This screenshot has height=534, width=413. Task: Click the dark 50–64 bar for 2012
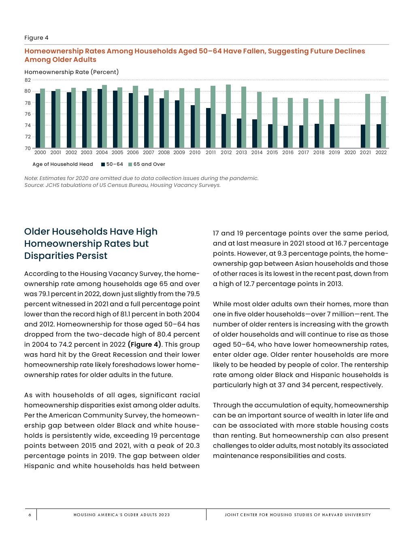coord(224,131)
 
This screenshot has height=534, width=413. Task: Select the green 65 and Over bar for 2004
coord(104,117)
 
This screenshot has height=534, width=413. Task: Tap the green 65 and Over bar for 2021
coord(368,121)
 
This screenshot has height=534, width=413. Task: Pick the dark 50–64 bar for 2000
coord(38,121)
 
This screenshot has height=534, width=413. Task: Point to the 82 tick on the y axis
coord(28,80)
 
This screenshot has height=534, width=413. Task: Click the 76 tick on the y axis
coord(28,114)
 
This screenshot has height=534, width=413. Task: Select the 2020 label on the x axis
coord(350,153)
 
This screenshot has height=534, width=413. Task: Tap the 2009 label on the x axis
coord(179,153)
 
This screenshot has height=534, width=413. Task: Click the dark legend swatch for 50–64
coord(103,164)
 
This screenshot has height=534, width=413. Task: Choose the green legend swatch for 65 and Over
coord(130,164)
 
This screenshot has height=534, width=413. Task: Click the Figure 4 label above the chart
coord(36,38)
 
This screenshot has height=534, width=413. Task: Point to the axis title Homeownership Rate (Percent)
coord(72,72)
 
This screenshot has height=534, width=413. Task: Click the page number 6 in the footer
coord(30,515)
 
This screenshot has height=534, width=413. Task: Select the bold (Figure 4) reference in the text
coord(145,345)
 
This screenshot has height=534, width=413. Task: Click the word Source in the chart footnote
coord(34,185)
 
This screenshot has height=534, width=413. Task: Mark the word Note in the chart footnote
coord(31,178)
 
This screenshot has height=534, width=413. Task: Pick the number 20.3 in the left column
coord(192,446)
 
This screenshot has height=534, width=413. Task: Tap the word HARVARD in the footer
coord(332,515)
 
